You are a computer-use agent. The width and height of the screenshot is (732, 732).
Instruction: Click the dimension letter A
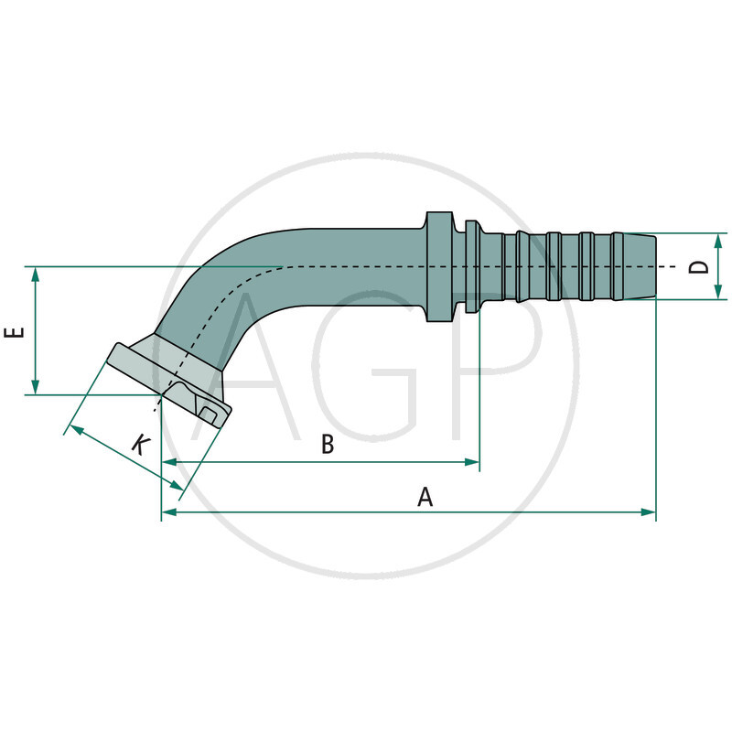tap(425, 497)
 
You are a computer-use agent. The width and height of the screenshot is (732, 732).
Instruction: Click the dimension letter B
tap(327, 445)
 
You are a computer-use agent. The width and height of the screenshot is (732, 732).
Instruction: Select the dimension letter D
tap(698, 266)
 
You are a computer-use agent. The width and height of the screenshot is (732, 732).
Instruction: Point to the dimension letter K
tap(139, 446)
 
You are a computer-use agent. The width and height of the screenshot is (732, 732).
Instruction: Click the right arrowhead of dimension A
tap(649, 512)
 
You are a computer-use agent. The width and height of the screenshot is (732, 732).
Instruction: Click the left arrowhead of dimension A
tap(168, 512)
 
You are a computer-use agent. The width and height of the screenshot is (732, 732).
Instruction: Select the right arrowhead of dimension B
tap(473, 462)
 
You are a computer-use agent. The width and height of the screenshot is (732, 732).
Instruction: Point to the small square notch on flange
tap(209, 416)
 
